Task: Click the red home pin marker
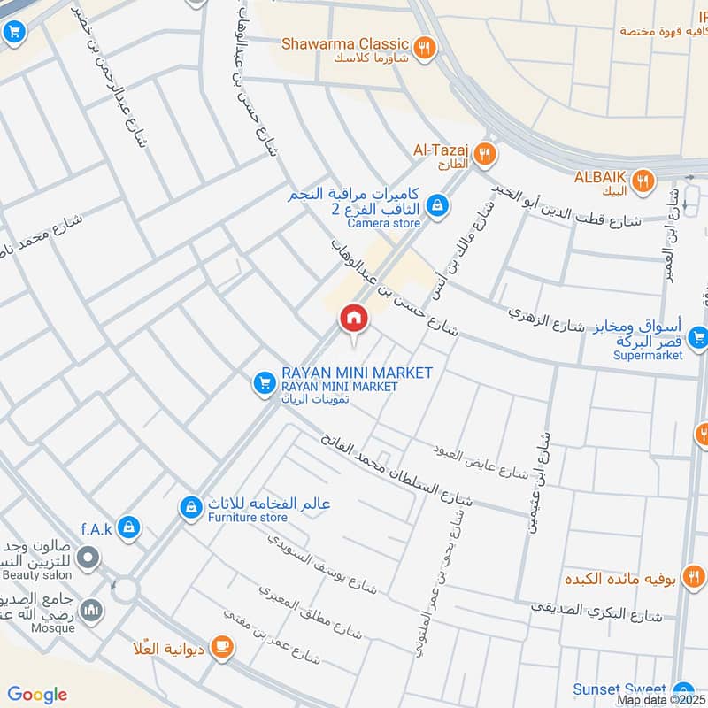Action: point(353,318)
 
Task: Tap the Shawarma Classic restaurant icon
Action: point(426,48)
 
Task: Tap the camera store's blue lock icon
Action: point(435,206)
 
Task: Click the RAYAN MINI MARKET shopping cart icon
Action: point(263,382)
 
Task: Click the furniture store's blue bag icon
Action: point(189,508)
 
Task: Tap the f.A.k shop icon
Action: point(129,527)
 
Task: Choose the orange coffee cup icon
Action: point(220,648)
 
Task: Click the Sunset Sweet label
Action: point(619,689)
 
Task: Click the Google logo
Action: point(37,695)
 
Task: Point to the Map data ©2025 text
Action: point(660,700)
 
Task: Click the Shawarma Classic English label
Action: point(345,43)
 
